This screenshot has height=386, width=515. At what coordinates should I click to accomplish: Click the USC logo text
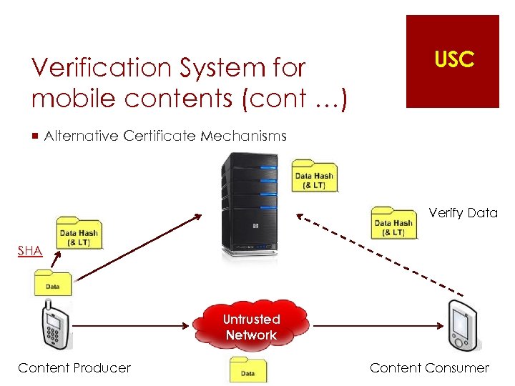pyautogui.click(x=453, y=60)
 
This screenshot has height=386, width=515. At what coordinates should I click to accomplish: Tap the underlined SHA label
pyautogui.click(x=30, y=251)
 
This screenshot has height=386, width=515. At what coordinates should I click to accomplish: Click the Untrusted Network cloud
pyautogui.click(x=251, y=327)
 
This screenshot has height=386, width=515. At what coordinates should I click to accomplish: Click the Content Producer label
pyautogui.click(x=74, y=368)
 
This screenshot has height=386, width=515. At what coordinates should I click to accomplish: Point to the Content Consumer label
pyautogui.click(x=429, y=368)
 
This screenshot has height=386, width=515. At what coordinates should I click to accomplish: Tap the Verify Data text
pyautogui.click(x=463, y=212)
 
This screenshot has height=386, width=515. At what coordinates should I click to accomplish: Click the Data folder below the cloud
pyautogui.click(x=247, y=369)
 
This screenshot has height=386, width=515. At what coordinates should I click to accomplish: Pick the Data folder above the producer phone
pyautogui.click(x=52, y=283)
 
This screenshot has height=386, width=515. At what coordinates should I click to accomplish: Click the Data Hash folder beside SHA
pyautogui.click(x=79, y=232)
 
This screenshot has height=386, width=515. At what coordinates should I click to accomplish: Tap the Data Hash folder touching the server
pyautogui.click(x=314, y=175)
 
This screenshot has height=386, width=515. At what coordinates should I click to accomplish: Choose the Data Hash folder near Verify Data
pyautogui.click(x=393, y=222)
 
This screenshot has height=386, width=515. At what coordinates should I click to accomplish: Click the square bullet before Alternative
pyautogui.click(x=34, y=136)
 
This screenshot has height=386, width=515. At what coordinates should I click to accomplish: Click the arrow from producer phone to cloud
pyautogui.click(x=132, y=326)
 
